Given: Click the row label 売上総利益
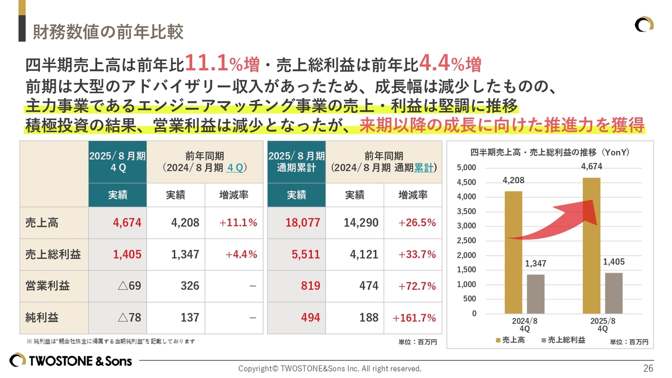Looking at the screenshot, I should pos(53,255).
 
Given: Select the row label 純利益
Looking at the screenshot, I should pos(41,318).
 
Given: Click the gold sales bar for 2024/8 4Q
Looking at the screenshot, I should pos(513,252).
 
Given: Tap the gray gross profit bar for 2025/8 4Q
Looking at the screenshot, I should pos(614,293).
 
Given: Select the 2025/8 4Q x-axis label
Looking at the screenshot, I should pos(603,324).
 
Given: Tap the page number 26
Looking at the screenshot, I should pos(648,368).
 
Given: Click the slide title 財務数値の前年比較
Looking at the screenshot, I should pos(108,32).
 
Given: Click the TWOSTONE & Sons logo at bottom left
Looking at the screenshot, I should pos(71,361).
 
